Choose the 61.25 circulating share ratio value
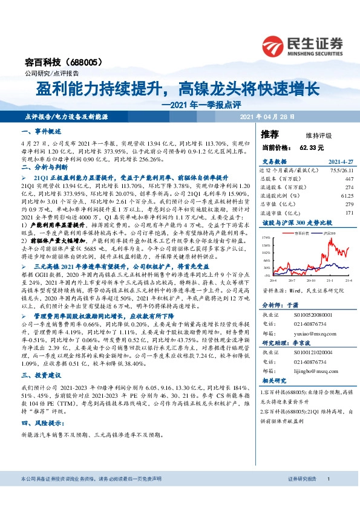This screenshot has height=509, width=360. pos(347,196)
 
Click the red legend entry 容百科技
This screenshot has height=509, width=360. pos(302,232)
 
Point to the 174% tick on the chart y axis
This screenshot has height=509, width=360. pos(266,239)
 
